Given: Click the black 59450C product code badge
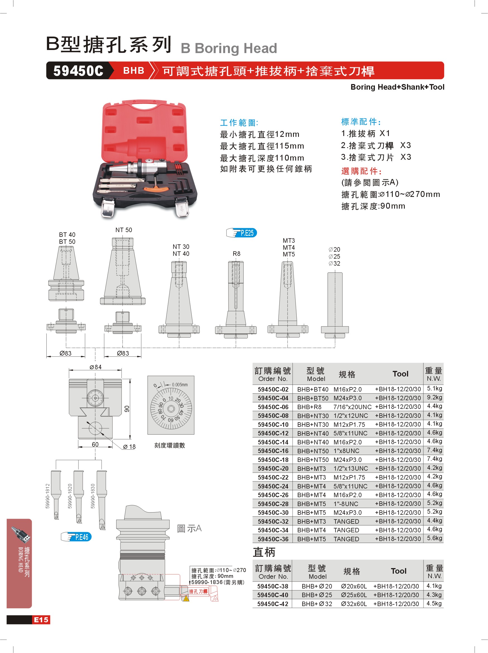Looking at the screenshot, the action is pos(78,71).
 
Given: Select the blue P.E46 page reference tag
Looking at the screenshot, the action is pos(76,537).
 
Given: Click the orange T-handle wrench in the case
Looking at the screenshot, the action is pos(156,187).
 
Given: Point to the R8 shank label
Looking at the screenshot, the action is pos(237,254).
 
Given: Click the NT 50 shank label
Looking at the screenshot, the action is pos(124,230).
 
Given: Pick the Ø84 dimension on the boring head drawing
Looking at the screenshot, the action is pos(95,367).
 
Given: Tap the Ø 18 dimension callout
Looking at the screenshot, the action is pos(129,447).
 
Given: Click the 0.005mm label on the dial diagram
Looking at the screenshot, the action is pos(180,385).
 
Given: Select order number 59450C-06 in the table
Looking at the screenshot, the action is pos(273,407).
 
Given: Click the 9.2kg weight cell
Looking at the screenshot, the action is pos(435,397).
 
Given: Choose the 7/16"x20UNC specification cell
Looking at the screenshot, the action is pos(353,407).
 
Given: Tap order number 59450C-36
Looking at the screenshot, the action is pos(273,539).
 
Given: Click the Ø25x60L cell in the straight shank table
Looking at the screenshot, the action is pos(354,595).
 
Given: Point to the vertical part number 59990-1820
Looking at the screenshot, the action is pos(70,496).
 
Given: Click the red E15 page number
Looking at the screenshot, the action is pos(41,620).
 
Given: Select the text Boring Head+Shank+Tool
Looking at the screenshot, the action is pos(397,87).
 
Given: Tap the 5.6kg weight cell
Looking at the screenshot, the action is pos(435,538).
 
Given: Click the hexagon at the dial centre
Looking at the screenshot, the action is pos(171,409).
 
